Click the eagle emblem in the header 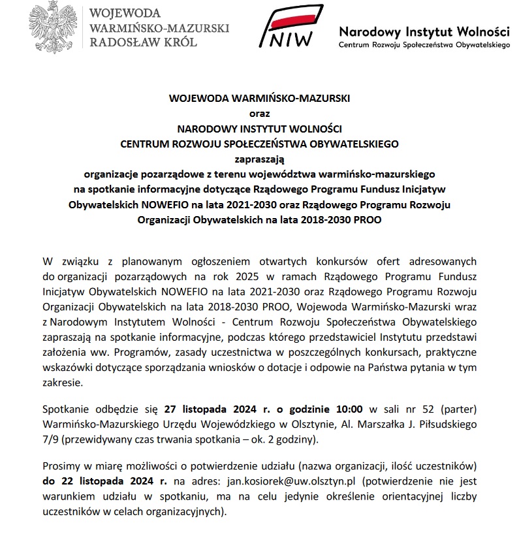pyautogui.click(x=50, y=27)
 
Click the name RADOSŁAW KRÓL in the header pyautogui.click(x=142, y=42)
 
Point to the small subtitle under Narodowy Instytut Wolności pyautogui.click(x=424, y=45)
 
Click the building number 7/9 pyautogui.click(x=50, y=439)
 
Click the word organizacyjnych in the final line pyautogui.click(x=187, y=511)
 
